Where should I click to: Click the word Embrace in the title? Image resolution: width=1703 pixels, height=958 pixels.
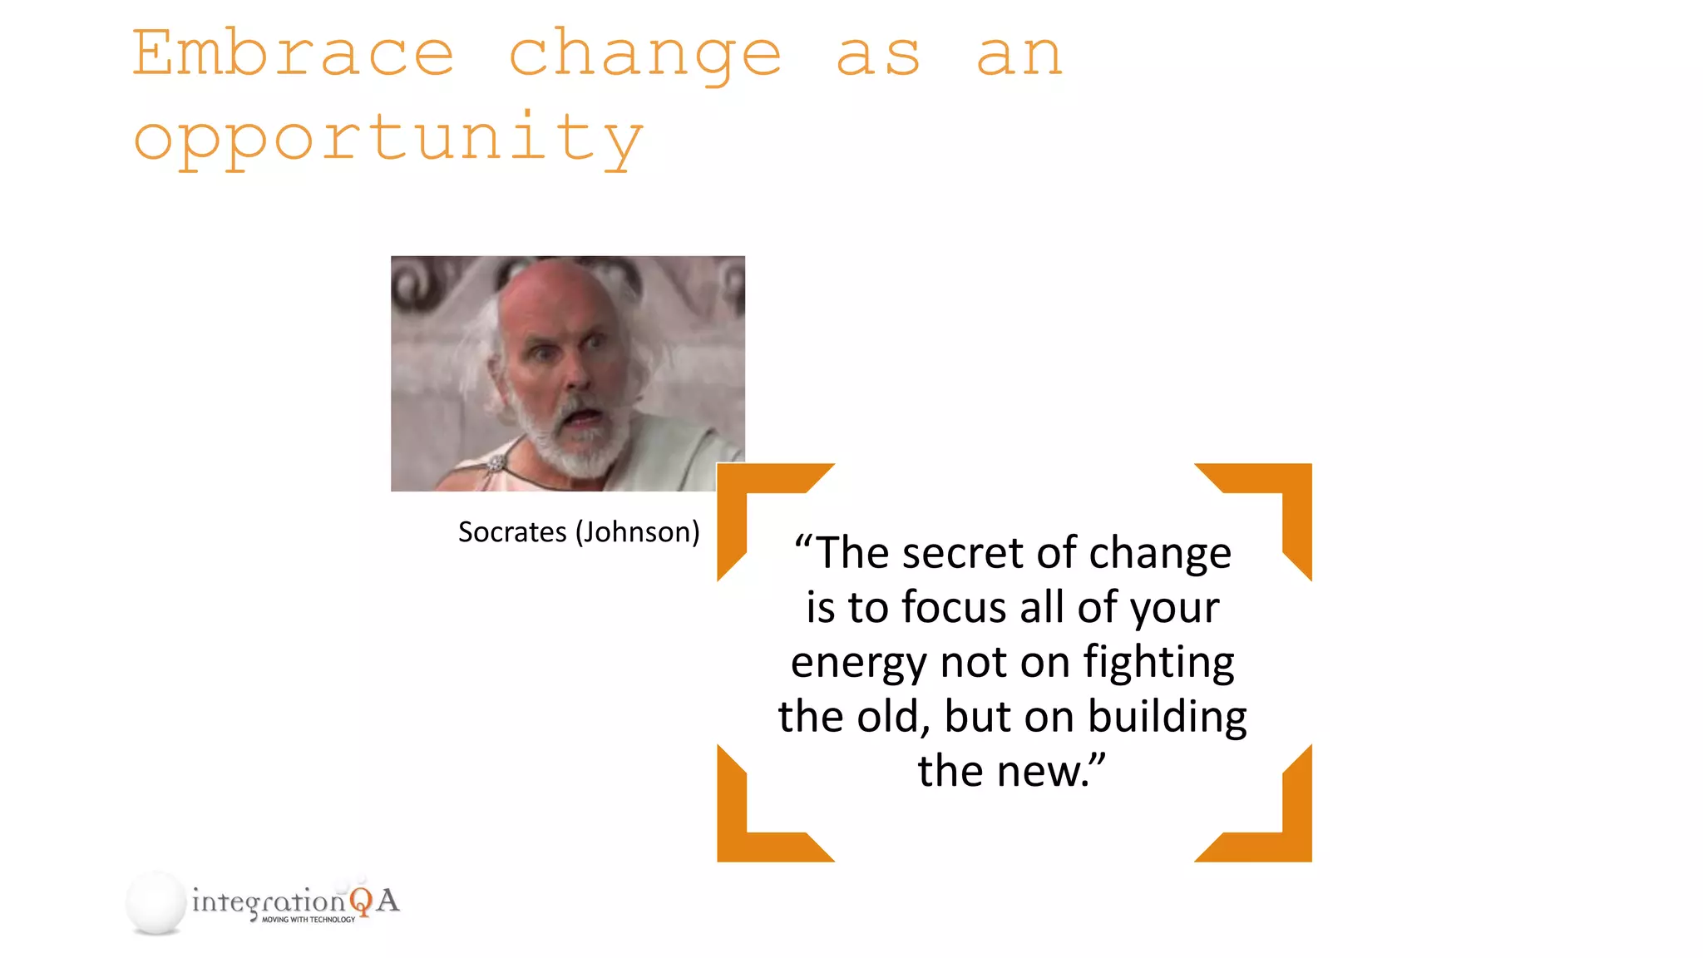coord(293,53)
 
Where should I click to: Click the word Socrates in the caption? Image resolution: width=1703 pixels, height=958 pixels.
coord(512,532)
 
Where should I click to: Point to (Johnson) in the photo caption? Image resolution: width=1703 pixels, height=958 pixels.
coord(638,532)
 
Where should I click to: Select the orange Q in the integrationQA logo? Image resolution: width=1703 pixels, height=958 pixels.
coord(361,901)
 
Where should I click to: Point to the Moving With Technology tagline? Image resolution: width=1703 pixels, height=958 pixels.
coord(309,920)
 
